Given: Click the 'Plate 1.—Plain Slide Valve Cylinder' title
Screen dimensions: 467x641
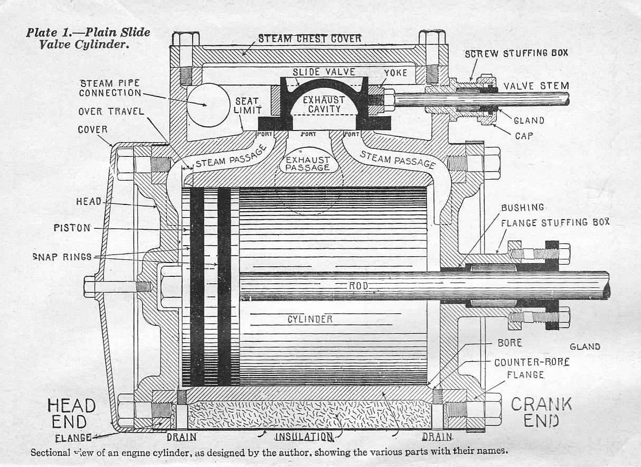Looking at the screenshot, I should coord(88,38).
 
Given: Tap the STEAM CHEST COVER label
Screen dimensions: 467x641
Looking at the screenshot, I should coord(309,39).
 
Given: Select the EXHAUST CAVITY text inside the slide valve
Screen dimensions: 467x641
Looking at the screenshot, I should coord(323,104).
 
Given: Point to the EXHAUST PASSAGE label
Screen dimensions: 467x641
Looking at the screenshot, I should coord(307,163).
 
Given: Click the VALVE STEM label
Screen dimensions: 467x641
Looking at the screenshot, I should coord(536,86).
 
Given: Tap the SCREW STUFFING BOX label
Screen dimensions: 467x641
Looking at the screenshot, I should coord(516,54).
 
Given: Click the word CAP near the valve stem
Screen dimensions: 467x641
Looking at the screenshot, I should coord(524,136).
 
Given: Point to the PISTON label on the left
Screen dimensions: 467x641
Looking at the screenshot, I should coord(72,228).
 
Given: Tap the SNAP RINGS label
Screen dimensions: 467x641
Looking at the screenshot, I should coord(62,257).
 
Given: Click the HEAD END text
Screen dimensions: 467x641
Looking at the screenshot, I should coord(71,414).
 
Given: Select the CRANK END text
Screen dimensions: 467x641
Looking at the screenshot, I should coord(541,412).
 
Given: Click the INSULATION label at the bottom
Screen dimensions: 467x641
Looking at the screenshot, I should coord(304,437).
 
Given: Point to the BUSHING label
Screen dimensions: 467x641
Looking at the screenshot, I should coord(522,208).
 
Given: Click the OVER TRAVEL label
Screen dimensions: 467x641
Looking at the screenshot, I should coord(111,111).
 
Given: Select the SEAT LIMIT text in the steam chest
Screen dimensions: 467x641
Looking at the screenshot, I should coord(247,105).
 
